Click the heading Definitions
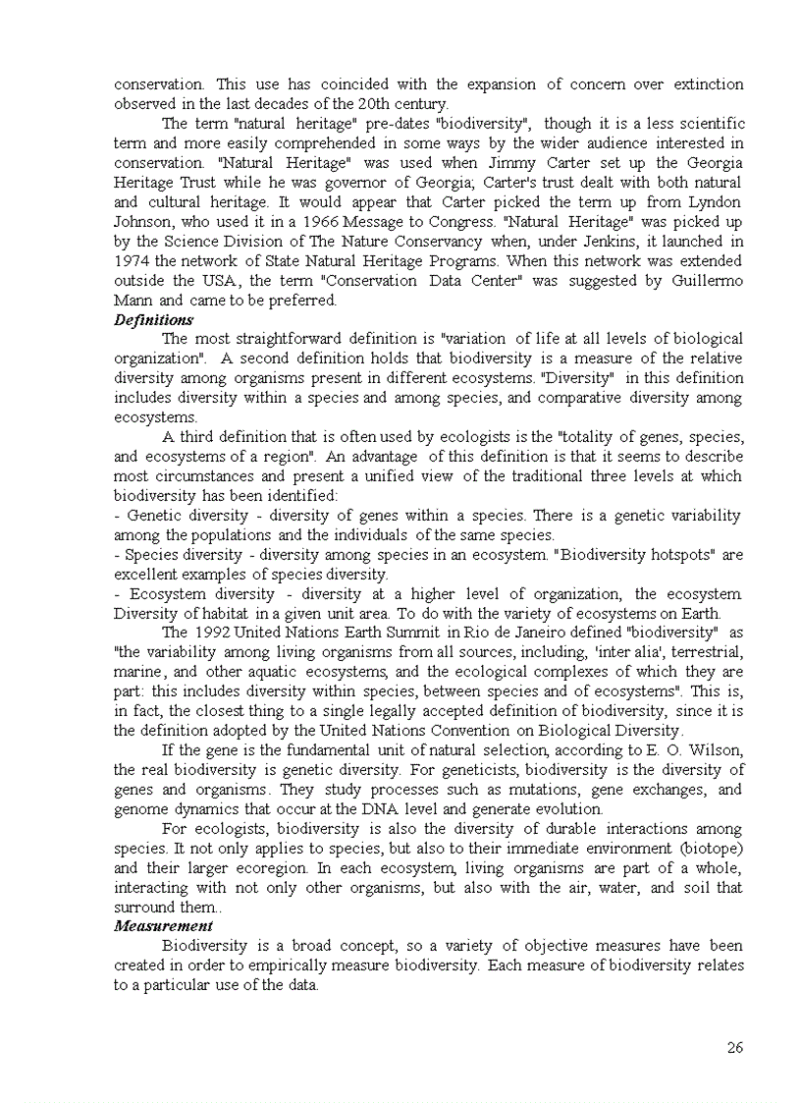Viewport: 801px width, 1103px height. click(153, 320)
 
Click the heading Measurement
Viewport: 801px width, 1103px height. click(163, 926)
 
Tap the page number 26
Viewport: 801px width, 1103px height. click(734, 1048)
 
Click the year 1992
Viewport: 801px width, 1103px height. click(213, 633)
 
